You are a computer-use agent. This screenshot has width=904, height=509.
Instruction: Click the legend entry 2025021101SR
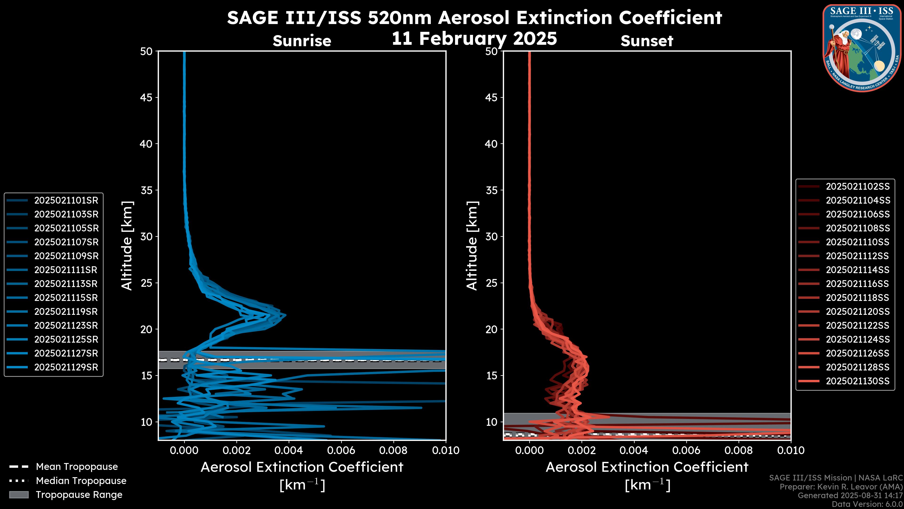tap(66, 201)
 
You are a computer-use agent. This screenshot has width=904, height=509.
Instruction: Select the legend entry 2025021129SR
tap(66, 367)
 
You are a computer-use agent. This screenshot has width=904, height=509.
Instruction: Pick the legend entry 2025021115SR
tap(66, 298)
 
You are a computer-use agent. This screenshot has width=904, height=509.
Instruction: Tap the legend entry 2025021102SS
tap(857, 187)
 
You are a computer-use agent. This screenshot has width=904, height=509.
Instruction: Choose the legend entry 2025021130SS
tap(857, 381)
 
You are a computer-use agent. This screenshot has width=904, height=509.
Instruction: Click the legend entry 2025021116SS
tap(857, 284)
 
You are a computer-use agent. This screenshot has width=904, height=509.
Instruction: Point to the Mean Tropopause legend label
tap(77, 467)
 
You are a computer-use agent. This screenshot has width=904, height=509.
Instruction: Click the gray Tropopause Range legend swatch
tap(19, 495)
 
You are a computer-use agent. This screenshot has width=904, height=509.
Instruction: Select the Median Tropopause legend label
tap(81, 481)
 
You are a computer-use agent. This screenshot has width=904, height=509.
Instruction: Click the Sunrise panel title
tap(302, 41)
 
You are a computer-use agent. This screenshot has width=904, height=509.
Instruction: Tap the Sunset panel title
tap(647, 41)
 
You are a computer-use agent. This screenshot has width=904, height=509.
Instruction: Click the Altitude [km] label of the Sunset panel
tap(472, 246)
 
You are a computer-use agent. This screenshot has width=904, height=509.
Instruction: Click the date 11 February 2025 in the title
tap(474, 39)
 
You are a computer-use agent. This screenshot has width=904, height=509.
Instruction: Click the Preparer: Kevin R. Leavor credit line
tap(841, 487)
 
